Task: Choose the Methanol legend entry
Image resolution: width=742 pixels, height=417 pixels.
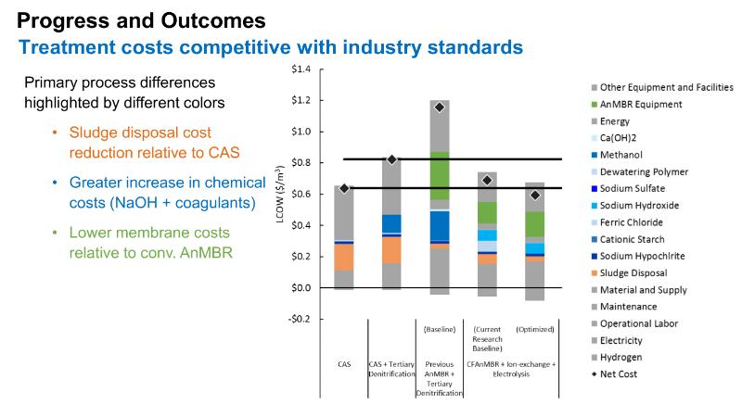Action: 621,155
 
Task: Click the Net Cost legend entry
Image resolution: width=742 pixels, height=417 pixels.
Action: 620,374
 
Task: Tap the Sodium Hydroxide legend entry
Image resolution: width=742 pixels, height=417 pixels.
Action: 639,206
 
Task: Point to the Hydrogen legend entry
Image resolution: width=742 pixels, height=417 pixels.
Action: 622,358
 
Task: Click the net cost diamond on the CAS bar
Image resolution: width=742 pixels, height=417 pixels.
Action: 344,188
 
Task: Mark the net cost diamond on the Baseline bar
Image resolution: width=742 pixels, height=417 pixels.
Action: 439,107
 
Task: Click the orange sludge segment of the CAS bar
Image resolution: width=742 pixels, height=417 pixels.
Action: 344,257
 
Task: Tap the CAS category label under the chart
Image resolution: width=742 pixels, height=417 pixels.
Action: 344,364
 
